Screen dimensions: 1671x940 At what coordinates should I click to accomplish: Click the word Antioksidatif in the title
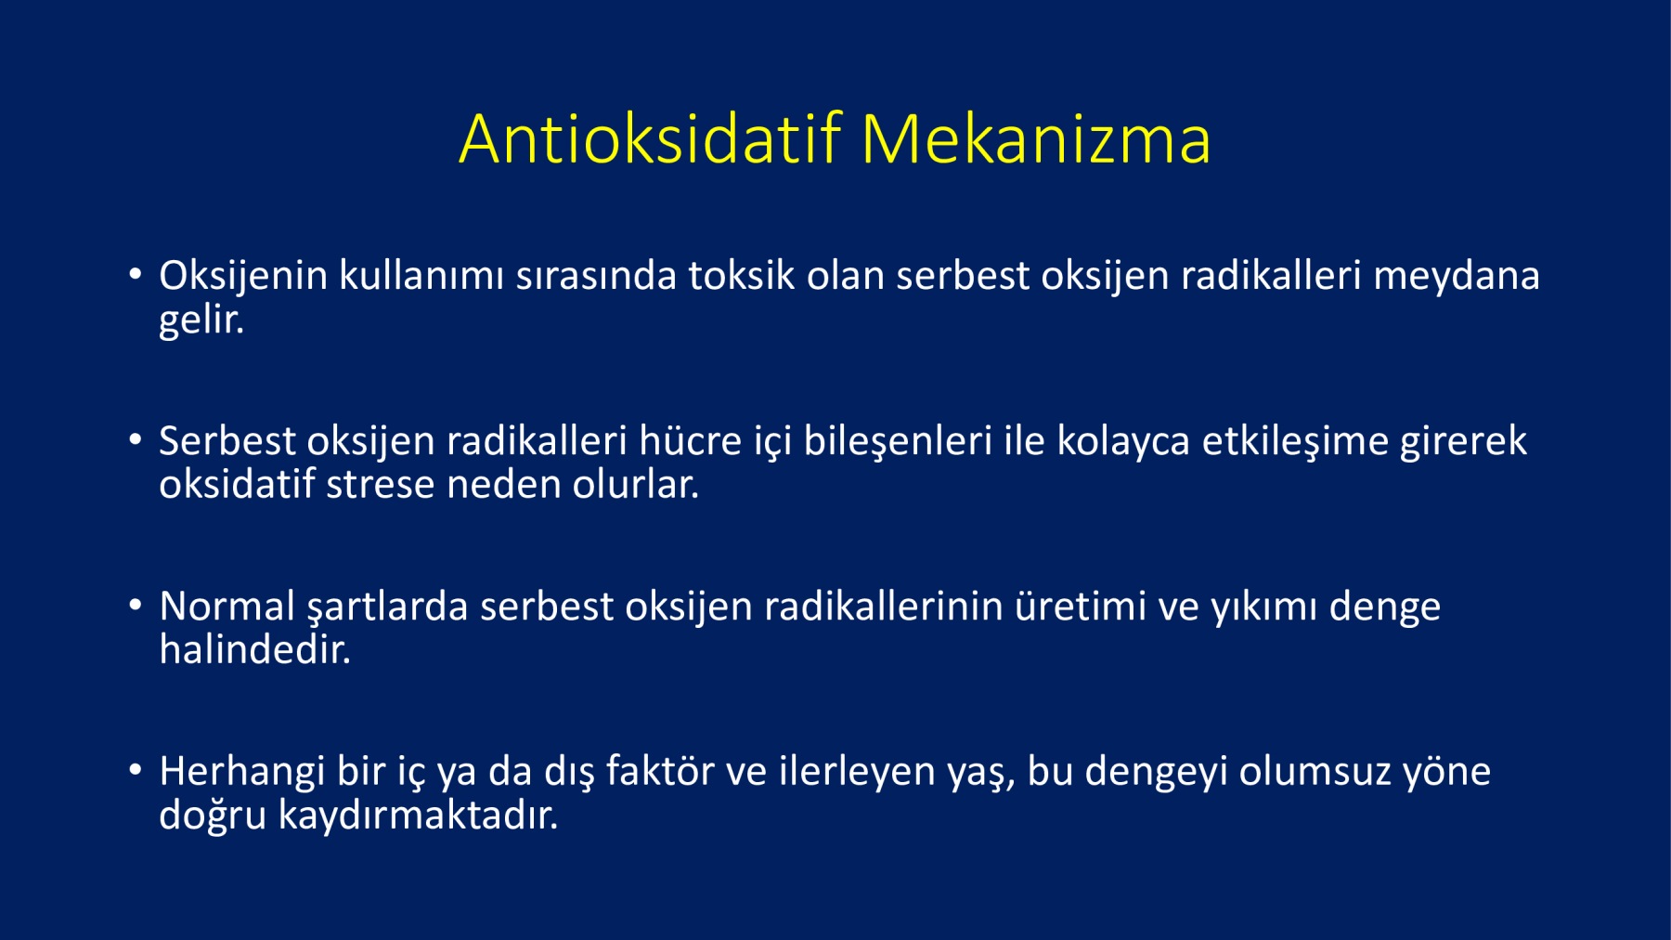650,139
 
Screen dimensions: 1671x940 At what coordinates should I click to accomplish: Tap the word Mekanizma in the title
1036,139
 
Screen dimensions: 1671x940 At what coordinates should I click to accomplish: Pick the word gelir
201,320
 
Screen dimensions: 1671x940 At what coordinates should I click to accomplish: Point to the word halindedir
255,649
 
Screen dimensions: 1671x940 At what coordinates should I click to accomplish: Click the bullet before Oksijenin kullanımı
136,274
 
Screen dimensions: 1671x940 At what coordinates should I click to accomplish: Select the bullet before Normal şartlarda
136,605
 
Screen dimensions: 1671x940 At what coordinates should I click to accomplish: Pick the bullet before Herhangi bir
136,770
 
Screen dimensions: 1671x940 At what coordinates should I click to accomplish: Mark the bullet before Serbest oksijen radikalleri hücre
136,439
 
